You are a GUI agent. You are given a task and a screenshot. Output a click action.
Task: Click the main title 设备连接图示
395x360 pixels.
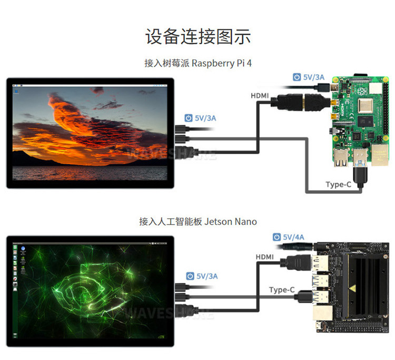point(197,37)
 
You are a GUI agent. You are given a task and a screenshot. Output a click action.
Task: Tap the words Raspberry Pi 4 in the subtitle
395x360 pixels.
point(222,63)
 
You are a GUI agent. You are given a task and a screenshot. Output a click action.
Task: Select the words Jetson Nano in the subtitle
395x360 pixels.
point(230,222)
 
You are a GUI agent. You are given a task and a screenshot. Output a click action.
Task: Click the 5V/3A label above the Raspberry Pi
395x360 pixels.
point(314,77)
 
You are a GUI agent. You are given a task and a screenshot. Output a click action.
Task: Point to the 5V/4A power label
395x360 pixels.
point(293,237)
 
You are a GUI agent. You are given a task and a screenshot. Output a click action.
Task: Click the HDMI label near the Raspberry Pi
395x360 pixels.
point(260,96)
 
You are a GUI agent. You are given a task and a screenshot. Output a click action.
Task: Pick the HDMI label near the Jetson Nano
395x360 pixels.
point(265,256)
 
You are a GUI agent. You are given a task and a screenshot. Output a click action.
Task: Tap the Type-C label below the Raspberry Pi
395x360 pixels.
point(338,184)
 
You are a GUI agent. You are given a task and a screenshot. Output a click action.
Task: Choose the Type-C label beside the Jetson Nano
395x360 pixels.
point(281,290)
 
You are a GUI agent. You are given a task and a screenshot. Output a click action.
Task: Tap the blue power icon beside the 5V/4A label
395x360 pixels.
point(277,237)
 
